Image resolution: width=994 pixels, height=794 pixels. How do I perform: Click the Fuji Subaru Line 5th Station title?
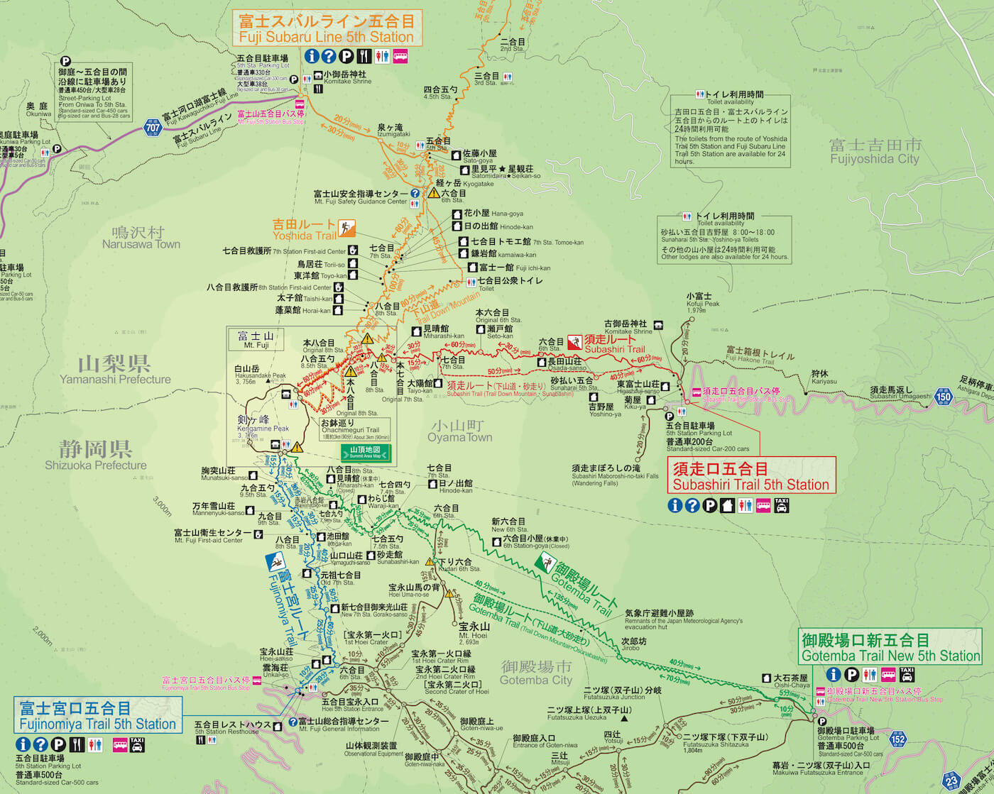tap(327, 28)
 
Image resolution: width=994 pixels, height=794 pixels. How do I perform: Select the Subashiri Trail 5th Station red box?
tap(751, 476)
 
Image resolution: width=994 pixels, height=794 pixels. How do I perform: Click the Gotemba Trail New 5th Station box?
tap(890, 647)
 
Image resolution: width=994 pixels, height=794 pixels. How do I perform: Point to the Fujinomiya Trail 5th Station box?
tap(98, 715)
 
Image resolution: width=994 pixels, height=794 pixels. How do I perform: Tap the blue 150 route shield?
tap(943, 396)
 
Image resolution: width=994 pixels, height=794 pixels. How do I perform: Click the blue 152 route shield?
tap(898, 739)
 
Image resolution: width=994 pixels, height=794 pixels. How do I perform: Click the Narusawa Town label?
tap(141, 238)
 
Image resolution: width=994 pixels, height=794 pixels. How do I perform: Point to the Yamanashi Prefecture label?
tap(114, 370)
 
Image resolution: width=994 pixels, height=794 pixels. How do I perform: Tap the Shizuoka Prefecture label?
tap(95, 456)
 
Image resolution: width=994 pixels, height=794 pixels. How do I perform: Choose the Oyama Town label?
tap(459, 431)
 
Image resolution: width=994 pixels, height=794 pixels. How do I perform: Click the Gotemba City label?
tap(535, 673)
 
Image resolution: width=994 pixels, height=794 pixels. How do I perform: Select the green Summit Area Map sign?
tap(366, 453)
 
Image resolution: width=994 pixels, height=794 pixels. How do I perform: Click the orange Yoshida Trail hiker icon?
tap(347, 228)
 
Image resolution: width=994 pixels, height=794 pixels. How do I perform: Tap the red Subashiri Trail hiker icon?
tap(574, 342)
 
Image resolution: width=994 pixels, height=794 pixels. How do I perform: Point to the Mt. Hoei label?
tap(474, 631)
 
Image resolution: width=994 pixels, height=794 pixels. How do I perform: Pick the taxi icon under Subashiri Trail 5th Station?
tap(782, 505)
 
